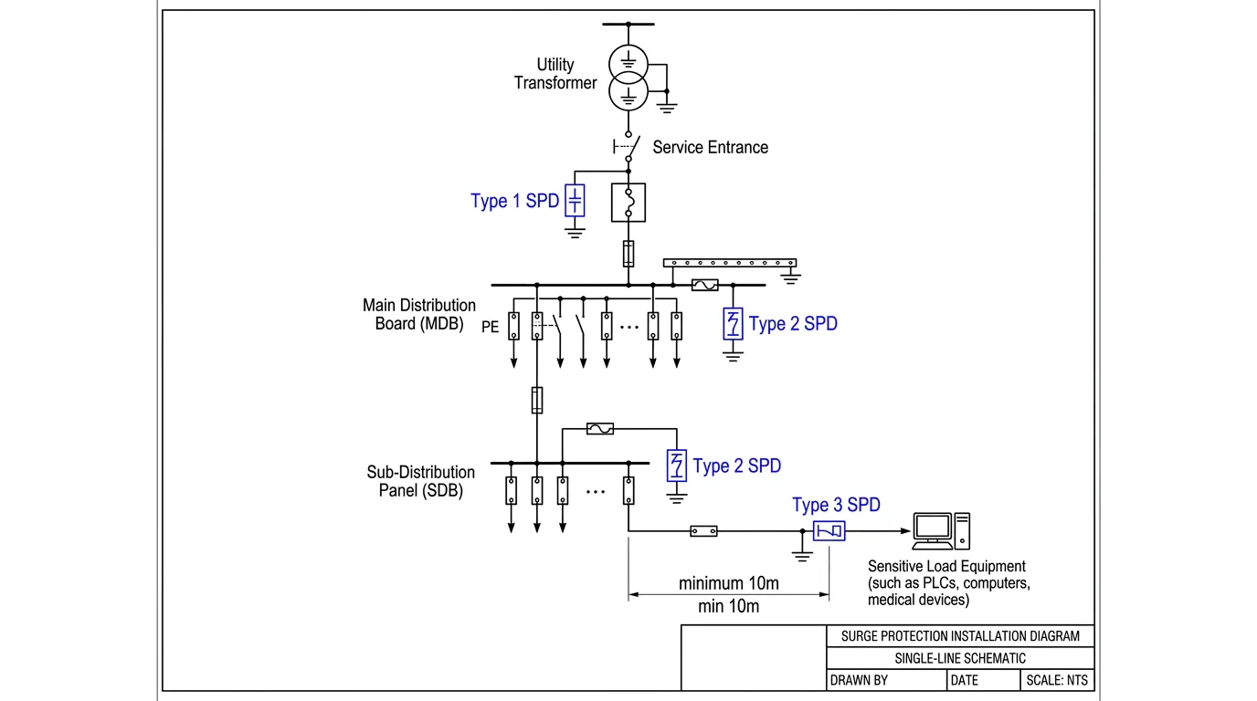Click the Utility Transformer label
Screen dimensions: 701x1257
click(555, 74)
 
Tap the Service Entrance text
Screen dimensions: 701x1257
click(710, 147)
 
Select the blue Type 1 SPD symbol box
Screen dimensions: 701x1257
click(574, 201)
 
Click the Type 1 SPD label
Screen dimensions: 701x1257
click(514, 201)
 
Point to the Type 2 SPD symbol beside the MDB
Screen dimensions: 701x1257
click(733, 324)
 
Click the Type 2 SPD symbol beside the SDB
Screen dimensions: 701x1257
click(676, 466)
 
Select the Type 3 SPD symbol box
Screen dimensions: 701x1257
click(830, 530)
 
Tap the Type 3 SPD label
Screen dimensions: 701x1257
click(836, 505)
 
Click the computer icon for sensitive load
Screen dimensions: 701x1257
click(941, 530)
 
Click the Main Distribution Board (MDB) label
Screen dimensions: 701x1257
click(419, 314)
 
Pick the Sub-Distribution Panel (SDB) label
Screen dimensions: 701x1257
click(421, 481)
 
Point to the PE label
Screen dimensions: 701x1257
click(491, 327)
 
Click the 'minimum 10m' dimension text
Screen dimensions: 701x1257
click(728, 583)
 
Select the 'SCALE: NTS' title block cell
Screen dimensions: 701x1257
click(1056, 680)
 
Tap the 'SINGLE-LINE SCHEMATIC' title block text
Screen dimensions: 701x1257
click(960, 658)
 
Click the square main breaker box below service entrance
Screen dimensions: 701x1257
click(628, 203)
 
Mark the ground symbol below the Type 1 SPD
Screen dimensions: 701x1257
click(574, 232)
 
